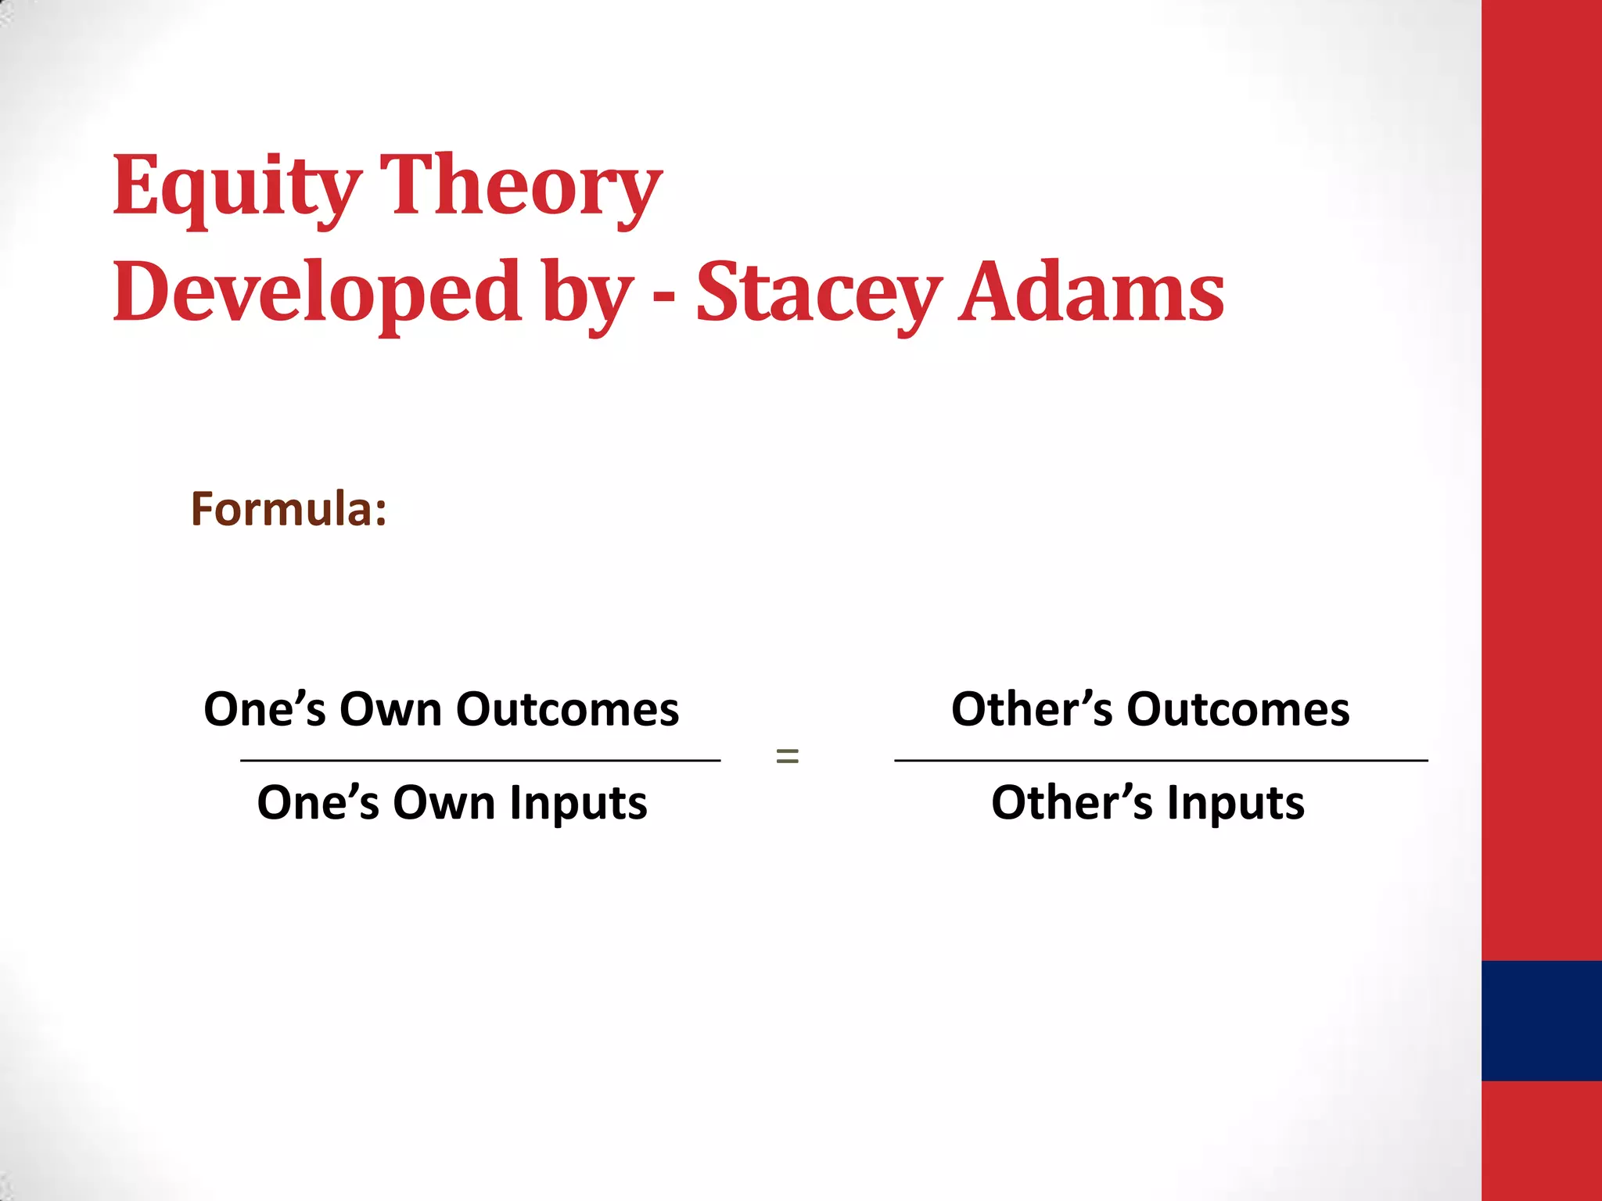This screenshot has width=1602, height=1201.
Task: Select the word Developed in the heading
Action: point(317,292)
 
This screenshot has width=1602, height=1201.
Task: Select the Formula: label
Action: point(289,509)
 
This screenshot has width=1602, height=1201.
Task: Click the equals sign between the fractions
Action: point(787,755)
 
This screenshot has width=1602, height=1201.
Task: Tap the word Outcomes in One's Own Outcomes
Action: point(567,710)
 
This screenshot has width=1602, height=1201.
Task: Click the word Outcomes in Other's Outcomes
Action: point(1237,710)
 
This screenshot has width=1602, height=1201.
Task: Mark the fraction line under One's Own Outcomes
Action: point(480,760)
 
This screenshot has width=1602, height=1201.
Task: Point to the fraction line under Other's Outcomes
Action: point(1161,760)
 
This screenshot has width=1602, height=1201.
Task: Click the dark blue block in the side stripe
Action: point(1541,1020)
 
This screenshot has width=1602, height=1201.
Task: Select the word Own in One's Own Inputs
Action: point(444,804)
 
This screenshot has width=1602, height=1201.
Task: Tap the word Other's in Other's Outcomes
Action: point(1031,710)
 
